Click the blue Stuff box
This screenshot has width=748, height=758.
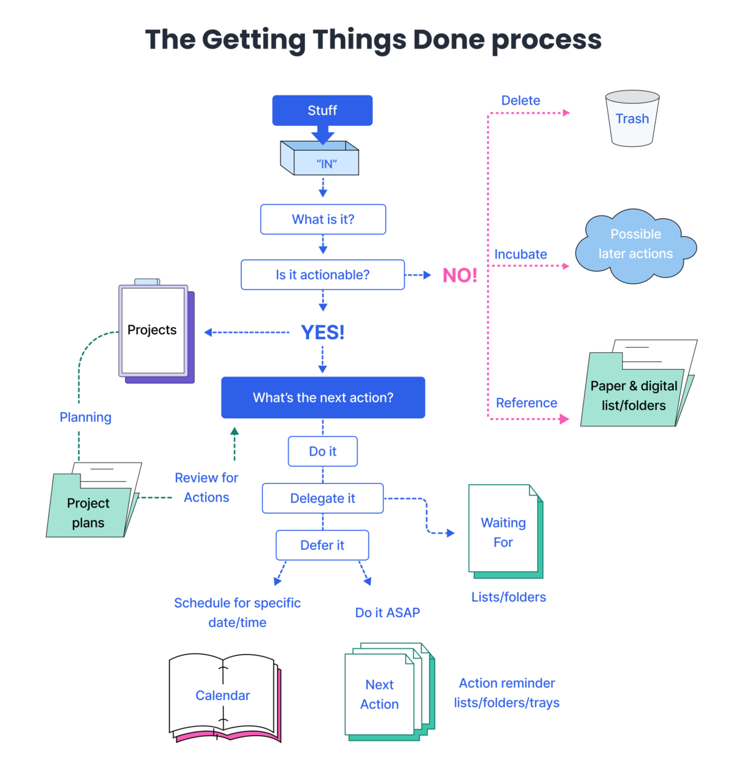pos(322,110)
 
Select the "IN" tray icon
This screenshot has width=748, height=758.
pos(320,159)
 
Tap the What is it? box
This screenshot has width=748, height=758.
pos(323,219)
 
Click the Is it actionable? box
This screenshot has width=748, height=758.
pos(322,275)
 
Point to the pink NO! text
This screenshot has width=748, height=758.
pos(459,275)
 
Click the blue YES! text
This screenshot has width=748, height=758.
pos(322,332)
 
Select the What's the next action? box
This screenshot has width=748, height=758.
pos(323,398)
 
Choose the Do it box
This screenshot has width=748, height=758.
pos(322,451)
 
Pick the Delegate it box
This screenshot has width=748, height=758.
pos(322,499)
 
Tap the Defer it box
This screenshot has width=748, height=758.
pos(322,545)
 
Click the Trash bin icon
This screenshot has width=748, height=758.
pos(632,118)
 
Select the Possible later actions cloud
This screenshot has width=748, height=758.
pos(635,245)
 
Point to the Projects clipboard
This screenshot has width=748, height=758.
pos(153,330)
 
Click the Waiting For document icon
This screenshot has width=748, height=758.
pos(504,532)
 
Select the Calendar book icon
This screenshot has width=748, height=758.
pos(223,696)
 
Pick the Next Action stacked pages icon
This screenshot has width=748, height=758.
pos(381,693)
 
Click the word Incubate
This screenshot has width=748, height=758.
pos(520,254)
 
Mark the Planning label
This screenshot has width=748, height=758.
pos(85,418)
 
